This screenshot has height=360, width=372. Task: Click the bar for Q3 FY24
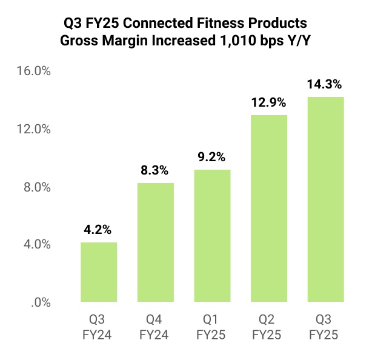pos(99,272)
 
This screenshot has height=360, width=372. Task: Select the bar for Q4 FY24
pos(156,242)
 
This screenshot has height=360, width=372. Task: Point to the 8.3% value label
pos(156,171)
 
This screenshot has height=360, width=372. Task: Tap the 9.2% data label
pos(212,158)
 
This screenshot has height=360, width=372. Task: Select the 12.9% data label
pos(269,103)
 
